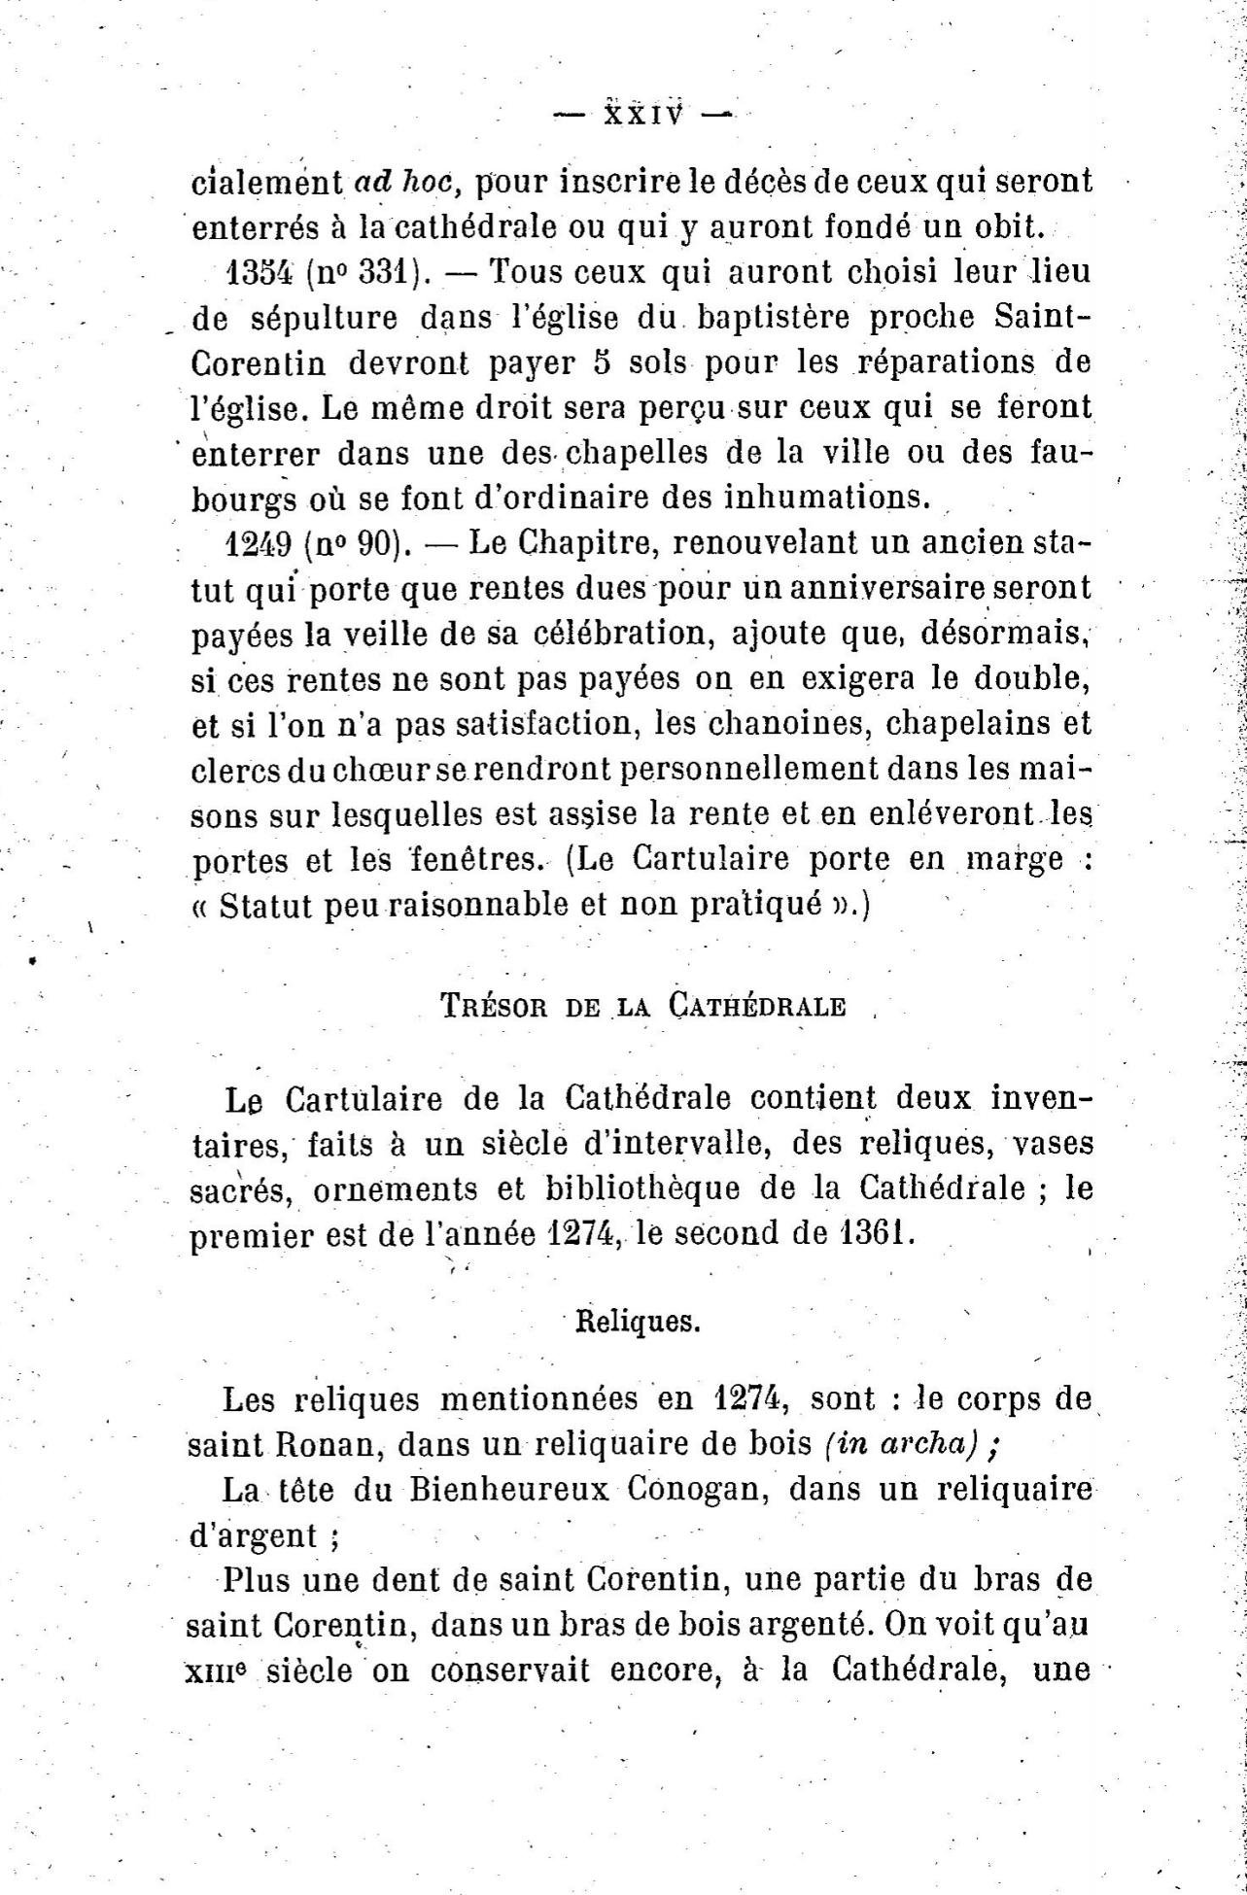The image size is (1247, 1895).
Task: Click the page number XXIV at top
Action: tap(642, 116)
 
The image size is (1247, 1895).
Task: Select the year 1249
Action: tap(259, 542)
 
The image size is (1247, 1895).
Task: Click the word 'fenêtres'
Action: tap(468, 859)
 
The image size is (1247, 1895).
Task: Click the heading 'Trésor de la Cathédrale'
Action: tap(643, 1005)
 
